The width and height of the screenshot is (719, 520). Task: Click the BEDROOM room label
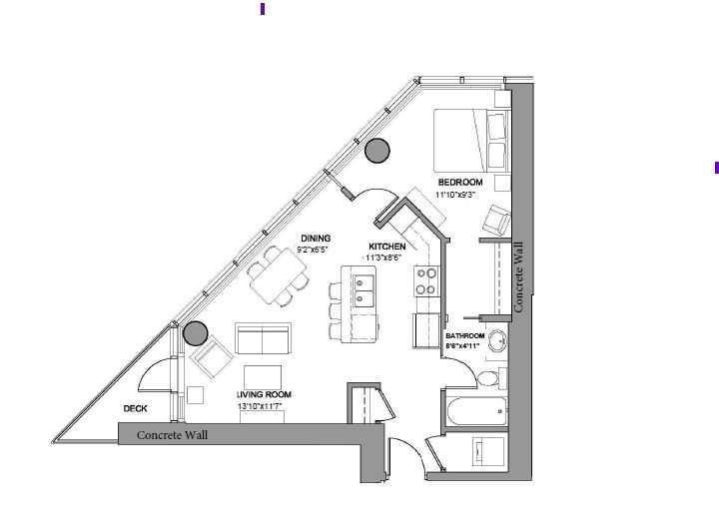(x=460, y=182)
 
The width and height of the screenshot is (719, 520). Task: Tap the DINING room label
(x=315, y=238)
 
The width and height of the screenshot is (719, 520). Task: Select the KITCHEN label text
(x=387, y=246)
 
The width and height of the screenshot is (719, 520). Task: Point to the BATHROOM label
(x=464, y=336)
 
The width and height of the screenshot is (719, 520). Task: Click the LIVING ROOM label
(x=264, y=395)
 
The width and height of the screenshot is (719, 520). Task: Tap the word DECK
(x=137, y=409)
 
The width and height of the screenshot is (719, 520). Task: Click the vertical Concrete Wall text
(x=518, y=280)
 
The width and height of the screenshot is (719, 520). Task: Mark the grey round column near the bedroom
(x=376, y=151)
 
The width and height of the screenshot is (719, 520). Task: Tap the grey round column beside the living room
(x=195, y=333)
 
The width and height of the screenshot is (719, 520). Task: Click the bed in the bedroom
(x=469, y=141)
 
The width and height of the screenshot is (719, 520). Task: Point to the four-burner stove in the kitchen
(x=427, y=281)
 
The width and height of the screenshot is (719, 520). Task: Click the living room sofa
(x=263, y=339)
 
